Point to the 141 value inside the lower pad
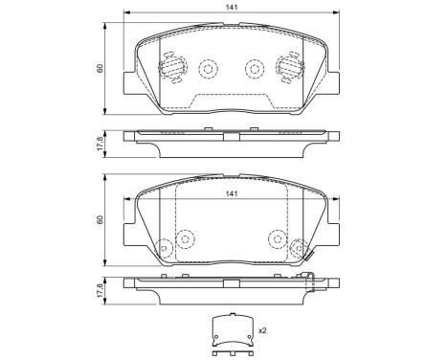point(230,196)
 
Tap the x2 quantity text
point(261,331)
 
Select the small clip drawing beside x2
point(231,330)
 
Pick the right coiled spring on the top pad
point(287,66)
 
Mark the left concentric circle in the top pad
point(207,69)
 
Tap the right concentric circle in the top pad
point(254,69)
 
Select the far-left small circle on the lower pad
point(163,248)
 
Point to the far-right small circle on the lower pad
point(300,247)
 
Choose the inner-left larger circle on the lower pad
point(186,237)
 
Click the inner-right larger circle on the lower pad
point(277,237)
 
